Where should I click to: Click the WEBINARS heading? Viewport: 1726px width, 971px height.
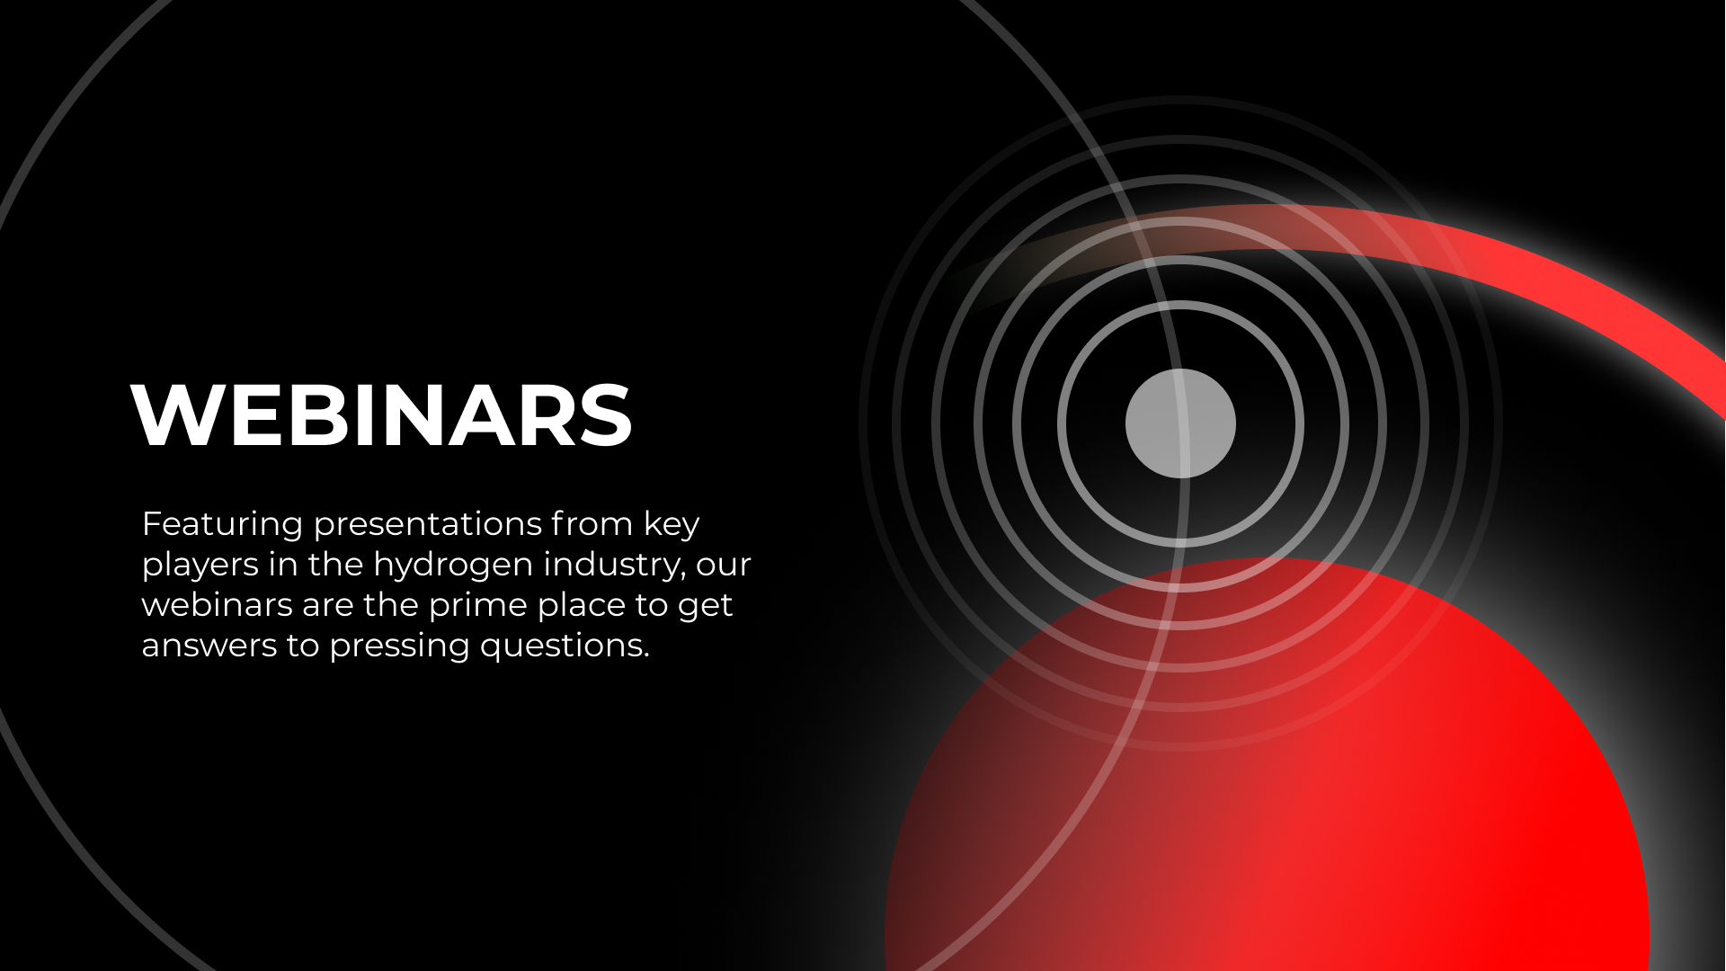(x=382, y=414)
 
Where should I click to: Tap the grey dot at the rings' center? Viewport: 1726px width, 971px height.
(x=1180, y=423)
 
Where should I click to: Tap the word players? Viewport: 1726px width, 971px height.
(x=200, y=566)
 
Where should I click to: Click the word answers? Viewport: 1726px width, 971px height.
(x=209, y=646)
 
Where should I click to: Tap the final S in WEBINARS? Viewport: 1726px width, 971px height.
(x=606, y=414)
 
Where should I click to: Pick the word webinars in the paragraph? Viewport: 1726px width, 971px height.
(x=217, y=604)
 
